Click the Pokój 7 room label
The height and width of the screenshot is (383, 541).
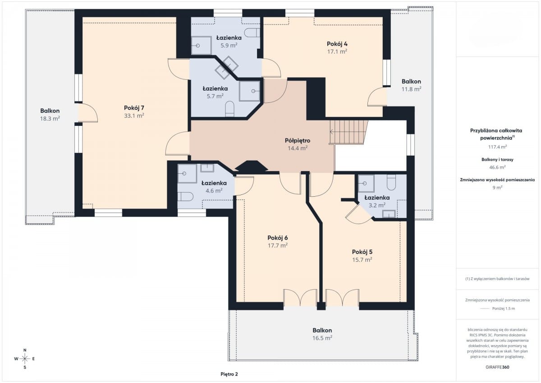point(134,108)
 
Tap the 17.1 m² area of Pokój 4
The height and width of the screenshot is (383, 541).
point(337,51)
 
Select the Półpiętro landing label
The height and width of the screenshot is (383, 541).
point(298,140)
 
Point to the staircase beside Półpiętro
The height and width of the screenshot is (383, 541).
point(348,132)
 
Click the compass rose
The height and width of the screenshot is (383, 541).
point(25,359)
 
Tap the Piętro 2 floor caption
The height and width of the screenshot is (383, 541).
point(229,374)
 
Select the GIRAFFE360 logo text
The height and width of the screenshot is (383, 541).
point(497,367)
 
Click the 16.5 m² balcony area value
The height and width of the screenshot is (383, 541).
point(322,338)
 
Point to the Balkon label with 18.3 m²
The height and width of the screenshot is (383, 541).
point(50,111)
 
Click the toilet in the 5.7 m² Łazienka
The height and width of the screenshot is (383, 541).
point(229,109)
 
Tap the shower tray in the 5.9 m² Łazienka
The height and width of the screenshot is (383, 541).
point(201,46)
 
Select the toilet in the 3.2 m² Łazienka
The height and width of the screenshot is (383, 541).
point(391,182)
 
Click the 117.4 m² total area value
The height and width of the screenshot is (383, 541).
point(498,147)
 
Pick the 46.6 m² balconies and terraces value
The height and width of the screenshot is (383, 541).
point(498,167)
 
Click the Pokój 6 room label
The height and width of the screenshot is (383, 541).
point(278,238)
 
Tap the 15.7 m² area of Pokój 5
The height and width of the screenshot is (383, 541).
point(362,260)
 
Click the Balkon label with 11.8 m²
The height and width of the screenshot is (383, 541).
point(411,82)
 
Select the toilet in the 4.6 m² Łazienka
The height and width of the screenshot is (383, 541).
point(185,196)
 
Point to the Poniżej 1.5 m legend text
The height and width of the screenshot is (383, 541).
point(504,309)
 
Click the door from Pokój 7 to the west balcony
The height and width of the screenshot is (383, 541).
point(88,113)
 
